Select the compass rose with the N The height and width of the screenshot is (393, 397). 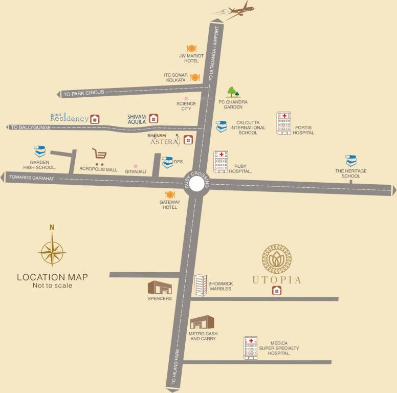(x=52, y=249)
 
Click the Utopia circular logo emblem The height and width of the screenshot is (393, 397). (x=277, y=260)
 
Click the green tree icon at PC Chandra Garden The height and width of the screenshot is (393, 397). (x=234, y=92)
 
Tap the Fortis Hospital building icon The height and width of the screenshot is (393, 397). (x=283, y=123)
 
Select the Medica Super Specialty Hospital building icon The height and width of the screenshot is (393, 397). (x=250, y=348)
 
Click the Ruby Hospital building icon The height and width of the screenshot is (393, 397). (x=221, y=161)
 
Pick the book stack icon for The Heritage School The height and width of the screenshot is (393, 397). (x=351, y=161)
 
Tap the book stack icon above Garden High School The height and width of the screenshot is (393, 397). (x=40, y=152)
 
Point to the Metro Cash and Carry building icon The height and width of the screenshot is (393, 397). (x=201, y=322)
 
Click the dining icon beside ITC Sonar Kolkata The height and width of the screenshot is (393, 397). (x=194, y=77)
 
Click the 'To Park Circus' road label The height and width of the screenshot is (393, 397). (x=83, y=93)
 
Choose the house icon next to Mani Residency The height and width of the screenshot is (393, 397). (x=95, y=119)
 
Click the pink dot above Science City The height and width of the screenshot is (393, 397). (x=186, y=98)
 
